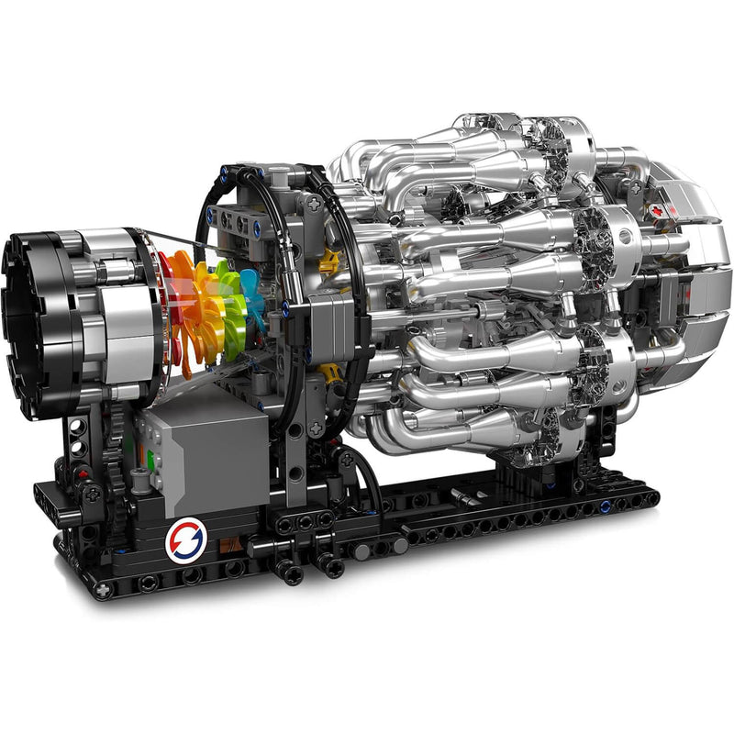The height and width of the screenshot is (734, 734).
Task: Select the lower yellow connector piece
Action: point(328,372)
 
